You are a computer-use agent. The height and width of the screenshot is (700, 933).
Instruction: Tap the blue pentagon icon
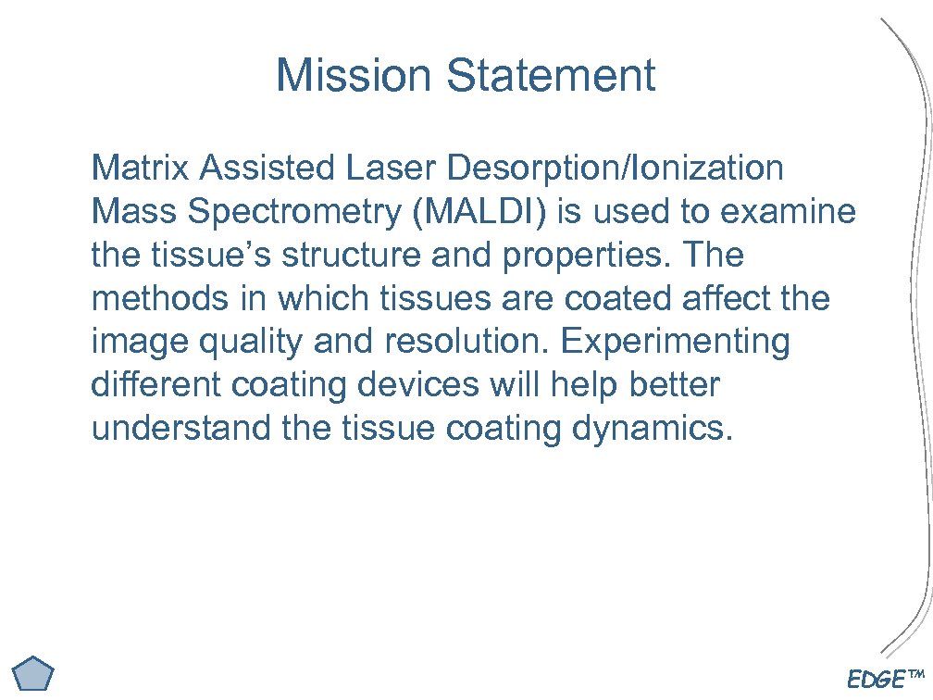(36, 673)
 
